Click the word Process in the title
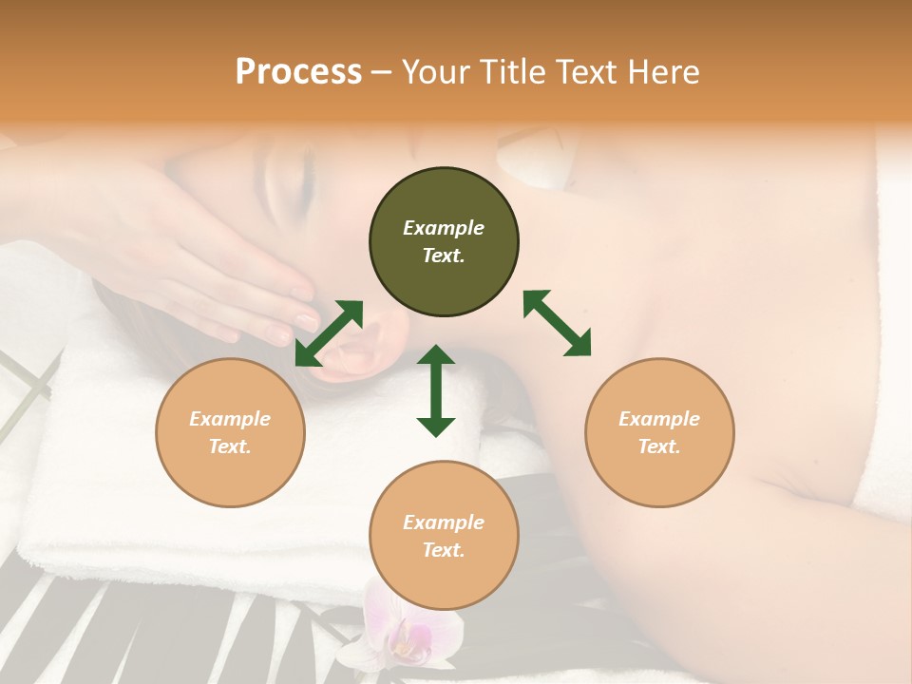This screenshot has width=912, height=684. point(298,71)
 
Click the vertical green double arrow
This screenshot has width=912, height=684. point(436,390)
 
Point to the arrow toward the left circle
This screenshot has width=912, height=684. point(329,332)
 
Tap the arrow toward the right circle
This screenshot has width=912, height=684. point(557,323)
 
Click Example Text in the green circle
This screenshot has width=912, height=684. point(444,241)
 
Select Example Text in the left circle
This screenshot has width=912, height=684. point(230,432)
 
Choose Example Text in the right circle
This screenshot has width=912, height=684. point(659,432)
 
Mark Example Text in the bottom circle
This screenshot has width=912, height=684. point(444,536)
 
